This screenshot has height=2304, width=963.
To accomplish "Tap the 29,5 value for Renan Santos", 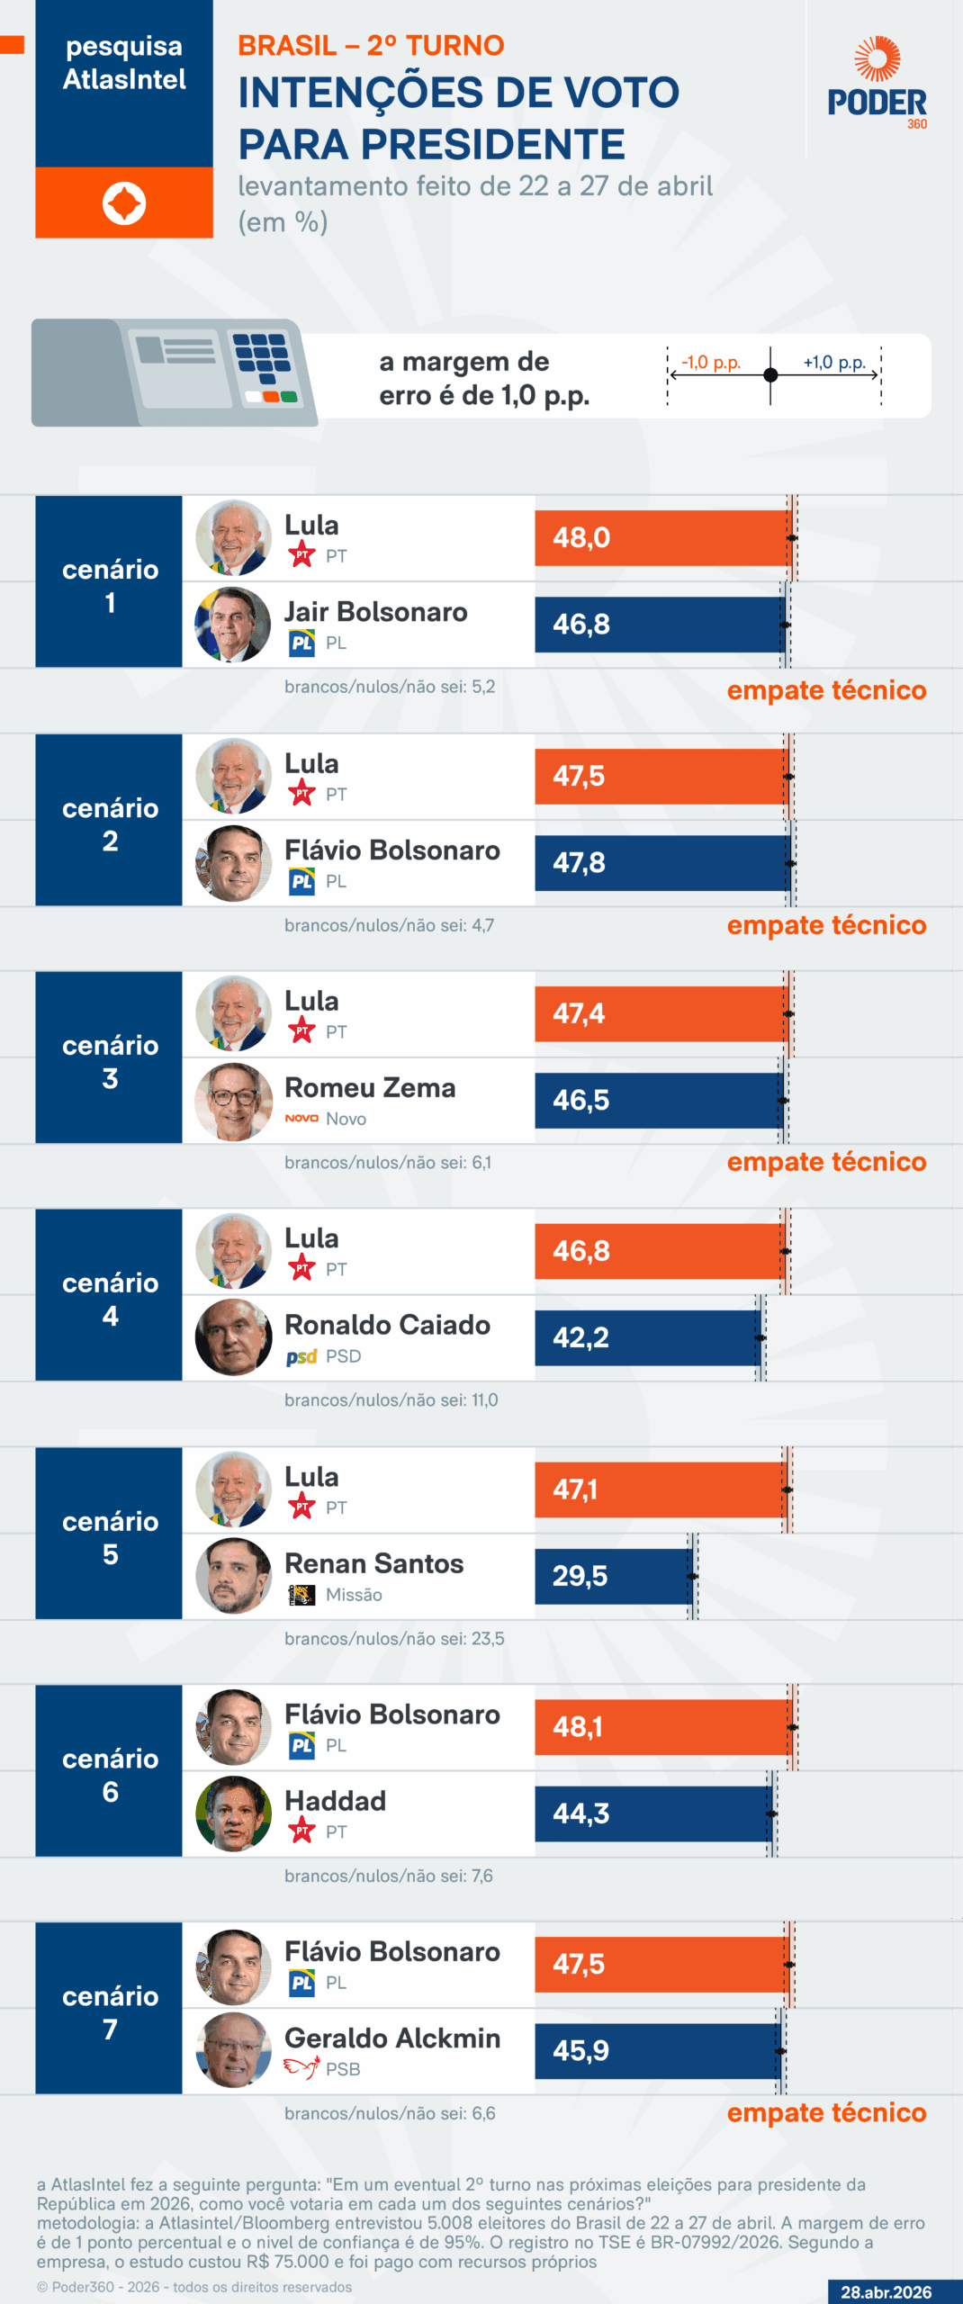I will [580, 1576].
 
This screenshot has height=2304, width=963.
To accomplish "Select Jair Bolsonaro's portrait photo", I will [233, 625].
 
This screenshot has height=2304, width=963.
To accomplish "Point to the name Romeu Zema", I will [370, 1088].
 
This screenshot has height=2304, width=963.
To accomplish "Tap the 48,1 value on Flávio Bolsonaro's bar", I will [577, 1727].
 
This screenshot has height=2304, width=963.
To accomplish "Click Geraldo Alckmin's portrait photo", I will [233, 2050].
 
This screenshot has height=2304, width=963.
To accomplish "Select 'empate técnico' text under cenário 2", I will [826, 925].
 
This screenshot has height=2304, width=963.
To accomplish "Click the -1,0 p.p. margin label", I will [710, 362].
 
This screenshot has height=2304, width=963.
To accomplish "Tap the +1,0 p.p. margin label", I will [834, 362].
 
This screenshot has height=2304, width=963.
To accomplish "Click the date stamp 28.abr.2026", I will [886, 2292].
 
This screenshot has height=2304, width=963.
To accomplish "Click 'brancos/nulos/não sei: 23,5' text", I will [394, 1638].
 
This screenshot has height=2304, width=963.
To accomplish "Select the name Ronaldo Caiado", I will [387, 1325].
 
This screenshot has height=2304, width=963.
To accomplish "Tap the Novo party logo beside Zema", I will [301, 1119].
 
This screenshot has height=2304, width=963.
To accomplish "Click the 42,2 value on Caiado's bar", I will [580, 1337].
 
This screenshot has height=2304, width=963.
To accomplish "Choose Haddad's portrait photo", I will [233, 1813].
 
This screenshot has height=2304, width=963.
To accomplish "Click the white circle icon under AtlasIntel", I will [124, 203].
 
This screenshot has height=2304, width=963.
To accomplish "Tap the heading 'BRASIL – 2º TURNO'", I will [370, 45].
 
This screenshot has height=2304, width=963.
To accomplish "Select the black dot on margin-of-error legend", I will [770, 375].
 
